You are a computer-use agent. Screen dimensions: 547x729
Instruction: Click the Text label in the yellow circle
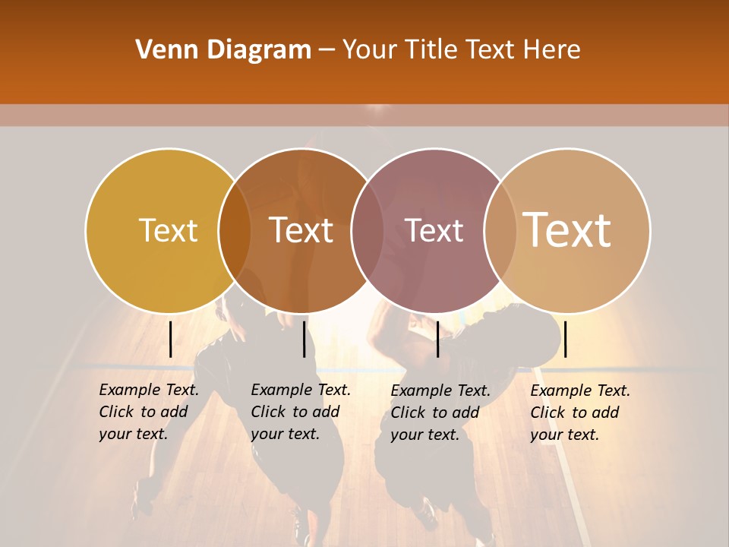click(x=168, y=230)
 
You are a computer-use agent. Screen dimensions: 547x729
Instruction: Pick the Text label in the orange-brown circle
click(x=301, y=230)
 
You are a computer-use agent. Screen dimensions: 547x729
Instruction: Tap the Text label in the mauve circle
click(x=434, y=230)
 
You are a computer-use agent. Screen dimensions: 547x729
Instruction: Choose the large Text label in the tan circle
click(x=566, y=229)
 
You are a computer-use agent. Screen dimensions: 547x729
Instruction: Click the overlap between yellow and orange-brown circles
click(x=235, y=230)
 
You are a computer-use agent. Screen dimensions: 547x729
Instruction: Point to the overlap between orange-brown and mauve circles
click(x=368, y=230)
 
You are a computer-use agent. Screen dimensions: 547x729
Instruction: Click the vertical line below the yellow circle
click(x=170, y=339)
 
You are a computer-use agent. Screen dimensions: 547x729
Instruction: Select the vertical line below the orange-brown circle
click(x=304, y=339)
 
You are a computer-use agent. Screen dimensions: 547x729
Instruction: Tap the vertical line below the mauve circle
click(x=437, y=339)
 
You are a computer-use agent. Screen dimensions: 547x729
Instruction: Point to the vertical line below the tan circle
click(x=565, y=339)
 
